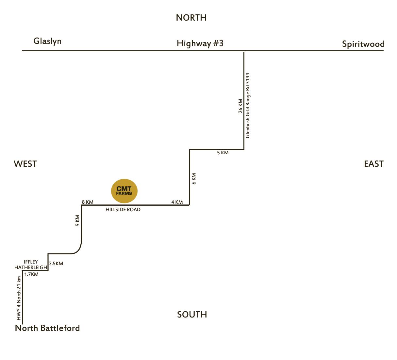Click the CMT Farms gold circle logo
pyautogui.click(x=124, y=191)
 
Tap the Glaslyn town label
pyautogui.click(x=47, y=41)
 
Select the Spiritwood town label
pyautogui.click(x=363, y=44)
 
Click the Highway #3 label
pyautogui.click(x=200, y=43)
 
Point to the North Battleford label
pyautogui.click(x=47, y=328)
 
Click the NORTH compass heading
pyautogui.click(x=191, y=18)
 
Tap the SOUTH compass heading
pyautogui.click(x=192, y=315)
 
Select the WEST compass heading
pyautogui.click(x=25, y=164)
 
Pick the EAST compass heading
pyautogui.click(x=373, y=164)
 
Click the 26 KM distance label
pyautogui.click(x=240, y=106)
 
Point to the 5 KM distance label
pyautogui.click(x=223, y=153)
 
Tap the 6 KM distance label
pyautogui.click(x=194, y=179)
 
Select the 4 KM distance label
pyautogui.click(x=177, y=202)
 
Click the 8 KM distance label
pyautogui.click(x=88, y=202)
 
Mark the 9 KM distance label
pyautogui.click(x=77, y=220)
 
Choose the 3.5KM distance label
pyautogui.click(x=56, y=264)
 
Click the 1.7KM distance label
pyautogui.click(x=31, y=274)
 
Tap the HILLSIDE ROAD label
pyautogui.click(x=123, y=210)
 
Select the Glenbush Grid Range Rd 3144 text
pyautogui.click(x=248, y=105)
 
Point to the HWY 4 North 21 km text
pyautogui.click(x=19, y=298)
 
